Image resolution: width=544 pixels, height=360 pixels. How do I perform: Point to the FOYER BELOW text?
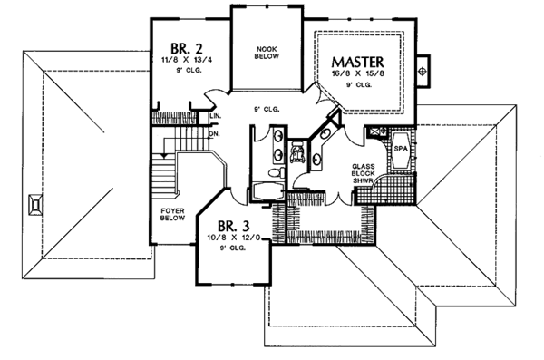(172, 213)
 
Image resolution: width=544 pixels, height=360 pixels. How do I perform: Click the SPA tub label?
(400, 145)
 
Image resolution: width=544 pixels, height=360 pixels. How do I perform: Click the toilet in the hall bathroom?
(296, 151)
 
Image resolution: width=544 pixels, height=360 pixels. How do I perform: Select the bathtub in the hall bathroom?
(267, 190)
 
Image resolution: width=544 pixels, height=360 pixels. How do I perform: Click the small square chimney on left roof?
(34, 203)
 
